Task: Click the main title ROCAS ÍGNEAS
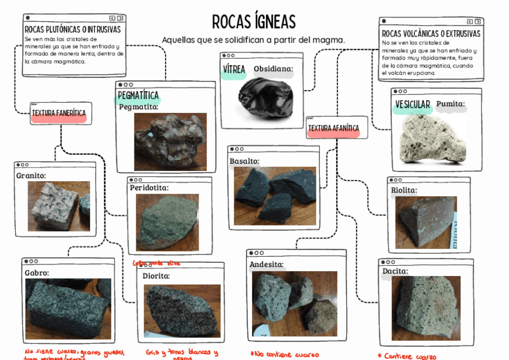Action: (x=254, y=22)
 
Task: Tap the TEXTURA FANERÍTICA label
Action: (x=59, y=113)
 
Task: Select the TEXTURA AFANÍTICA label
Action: (x=333, y=128)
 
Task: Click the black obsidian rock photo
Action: (x=265, y=98)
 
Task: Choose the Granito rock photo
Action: (x=58, y=206)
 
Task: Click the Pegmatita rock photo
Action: (x=170, y=142)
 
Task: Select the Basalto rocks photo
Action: (x=275, y=196)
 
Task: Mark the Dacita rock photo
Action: (x=426, y=308)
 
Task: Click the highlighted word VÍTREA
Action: (x=234, y=70)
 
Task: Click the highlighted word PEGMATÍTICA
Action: (x=138, y=95)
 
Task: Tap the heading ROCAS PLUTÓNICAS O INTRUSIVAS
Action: (x=73, y=29)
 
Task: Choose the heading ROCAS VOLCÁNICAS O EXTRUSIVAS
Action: (x=431, y=34)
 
